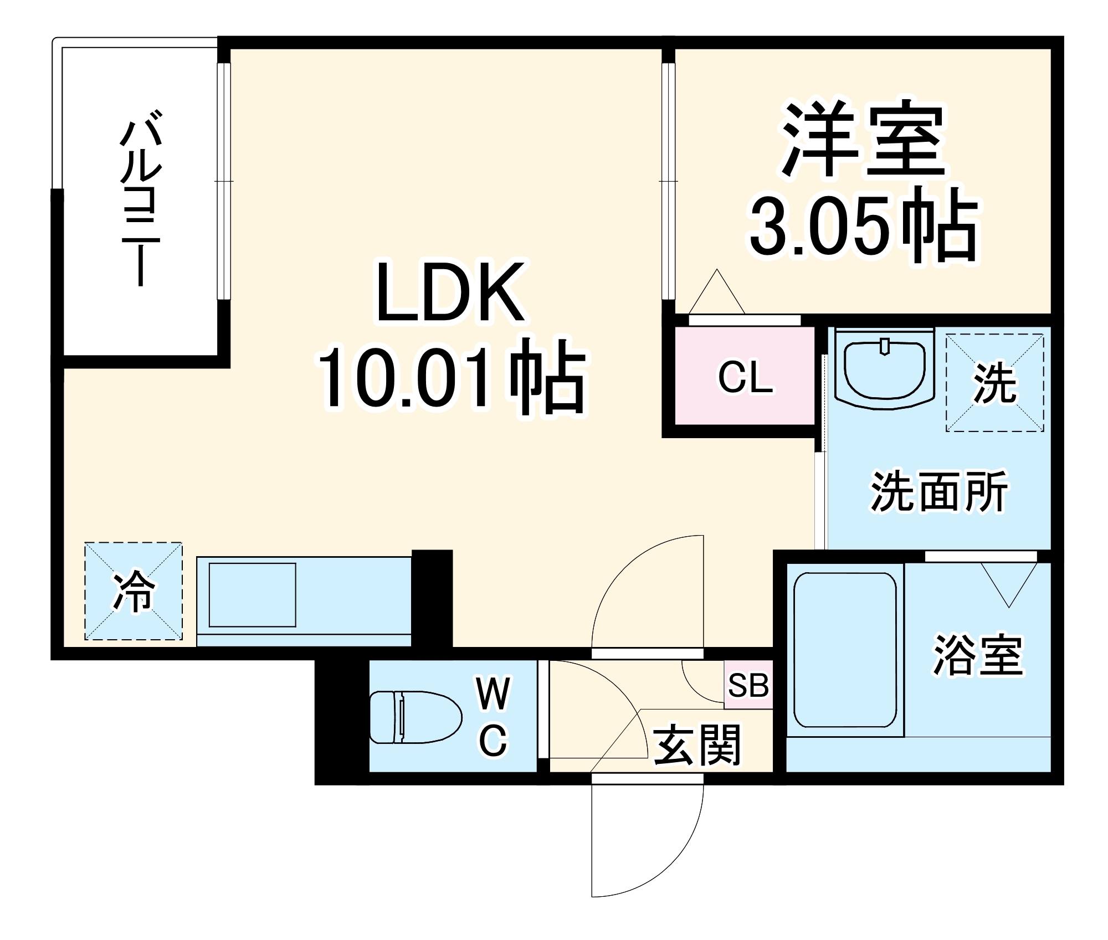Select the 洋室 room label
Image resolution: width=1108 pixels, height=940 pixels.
point(862,138)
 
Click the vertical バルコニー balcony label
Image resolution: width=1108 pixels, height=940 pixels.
point(141,199)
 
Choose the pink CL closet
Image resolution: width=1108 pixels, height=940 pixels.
point(745,377)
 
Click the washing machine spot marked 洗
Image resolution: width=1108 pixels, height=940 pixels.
point(995,383)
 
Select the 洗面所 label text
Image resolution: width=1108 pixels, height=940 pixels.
point(938,492)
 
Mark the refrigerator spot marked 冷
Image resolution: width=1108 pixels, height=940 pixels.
point(134,592)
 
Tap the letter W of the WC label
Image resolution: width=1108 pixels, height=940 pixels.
point(493,695)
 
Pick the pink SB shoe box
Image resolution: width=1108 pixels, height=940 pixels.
point(748,685)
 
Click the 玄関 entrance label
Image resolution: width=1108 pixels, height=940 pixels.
point(697,745)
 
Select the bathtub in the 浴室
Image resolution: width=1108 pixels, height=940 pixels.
point(844,650)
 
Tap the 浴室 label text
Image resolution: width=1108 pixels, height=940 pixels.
point(978,655)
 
